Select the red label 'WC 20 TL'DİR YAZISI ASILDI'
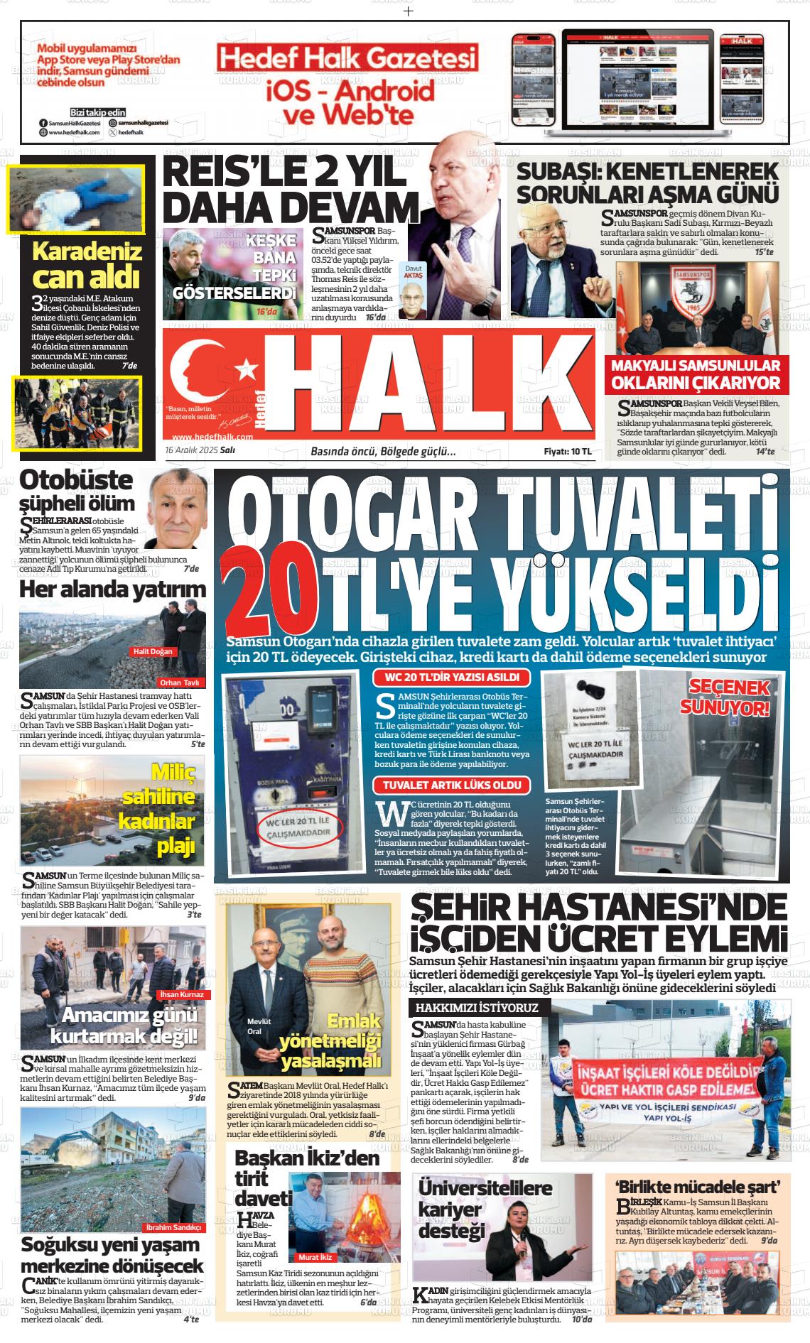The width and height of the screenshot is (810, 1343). coord(451,678)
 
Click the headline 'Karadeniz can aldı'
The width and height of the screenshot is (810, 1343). coord(87,263)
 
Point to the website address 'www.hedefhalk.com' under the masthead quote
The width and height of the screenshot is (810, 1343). coord(212,437)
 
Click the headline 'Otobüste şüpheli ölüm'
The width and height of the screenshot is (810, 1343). coord(77,491)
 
